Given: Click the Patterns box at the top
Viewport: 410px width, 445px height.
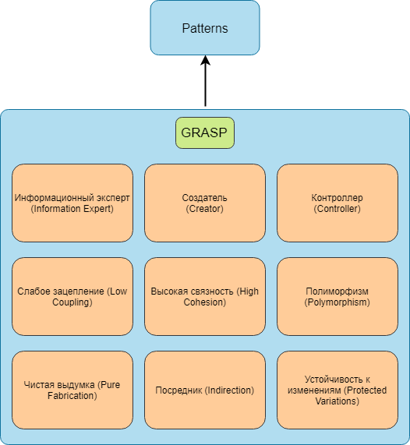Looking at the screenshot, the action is coord(205,28).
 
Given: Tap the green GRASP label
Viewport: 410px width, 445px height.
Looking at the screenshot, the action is coord(205,132).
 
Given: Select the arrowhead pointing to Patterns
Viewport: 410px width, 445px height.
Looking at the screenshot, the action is coord(205,61).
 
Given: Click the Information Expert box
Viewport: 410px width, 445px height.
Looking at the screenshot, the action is coord(72,203).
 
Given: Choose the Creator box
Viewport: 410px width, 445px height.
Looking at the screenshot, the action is coord(205,203).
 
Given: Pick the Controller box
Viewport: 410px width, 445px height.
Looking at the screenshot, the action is coord(338,203).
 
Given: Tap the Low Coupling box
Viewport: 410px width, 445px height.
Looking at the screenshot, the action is coord(72,297).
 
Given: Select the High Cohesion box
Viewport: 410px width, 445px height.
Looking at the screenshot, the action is coord(205,297).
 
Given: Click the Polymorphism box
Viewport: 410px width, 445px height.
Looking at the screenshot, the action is coord(338,297).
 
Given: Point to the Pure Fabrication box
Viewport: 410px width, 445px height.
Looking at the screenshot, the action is coord(72,390).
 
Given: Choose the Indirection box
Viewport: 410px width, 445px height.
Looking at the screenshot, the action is coord(205,390).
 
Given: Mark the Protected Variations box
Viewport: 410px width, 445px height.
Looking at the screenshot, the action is coord(338,390).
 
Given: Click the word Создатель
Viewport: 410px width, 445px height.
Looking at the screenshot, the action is coord(204,197).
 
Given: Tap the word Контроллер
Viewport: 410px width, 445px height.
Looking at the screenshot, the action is coord(337,198).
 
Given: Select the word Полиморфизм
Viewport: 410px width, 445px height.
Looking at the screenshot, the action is coord(337,291).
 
